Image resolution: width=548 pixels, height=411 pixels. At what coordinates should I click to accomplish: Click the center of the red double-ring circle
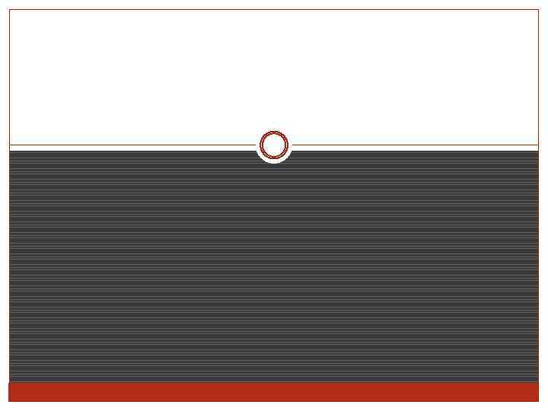274,145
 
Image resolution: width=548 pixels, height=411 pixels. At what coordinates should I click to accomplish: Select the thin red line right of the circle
415,145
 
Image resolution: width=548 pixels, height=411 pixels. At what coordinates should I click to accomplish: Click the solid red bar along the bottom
274,391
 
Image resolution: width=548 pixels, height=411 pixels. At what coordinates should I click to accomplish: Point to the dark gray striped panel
274,266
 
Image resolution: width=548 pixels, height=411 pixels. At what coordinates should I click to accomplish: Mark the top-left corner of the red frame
9,9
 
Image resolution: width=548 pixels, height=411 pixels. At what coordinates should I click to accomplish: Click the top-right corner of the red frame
539,9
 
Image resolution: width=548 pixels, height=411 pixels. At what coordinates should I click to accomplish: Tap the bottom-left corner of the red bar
9,400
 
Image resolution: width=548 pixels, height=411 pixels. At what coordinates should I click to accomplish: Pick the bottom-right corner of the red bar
539,400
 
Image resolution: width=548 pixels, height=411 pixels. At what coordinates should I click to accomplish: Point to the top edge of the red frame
274,9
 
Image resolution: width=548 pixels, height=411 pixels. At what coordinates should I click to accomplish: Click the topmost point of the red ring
274,131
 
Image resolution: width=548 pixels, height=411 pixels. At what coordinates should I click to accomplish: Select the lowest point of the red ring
274,158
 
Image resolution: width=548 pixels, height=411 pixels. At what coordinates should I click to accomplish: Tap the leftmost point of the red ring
260,145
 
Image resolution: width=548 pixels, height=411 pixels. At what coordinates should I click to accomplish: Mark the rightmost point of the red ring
288,145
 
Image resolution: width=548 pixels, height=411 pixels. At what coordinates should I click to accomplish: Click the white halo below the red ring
274,161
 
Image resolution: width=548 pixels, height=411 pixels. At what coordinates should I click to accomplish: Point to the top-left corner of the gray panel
10,151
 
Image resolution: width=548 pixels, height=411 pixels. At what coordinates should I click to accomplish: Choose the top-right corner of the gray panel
538,151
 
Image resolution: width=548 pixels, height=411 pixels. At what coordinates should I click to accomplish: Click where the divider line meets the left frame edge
9,145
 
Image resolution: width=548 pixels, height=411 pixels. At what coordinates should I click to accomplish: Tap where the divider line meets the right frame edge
539,145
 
